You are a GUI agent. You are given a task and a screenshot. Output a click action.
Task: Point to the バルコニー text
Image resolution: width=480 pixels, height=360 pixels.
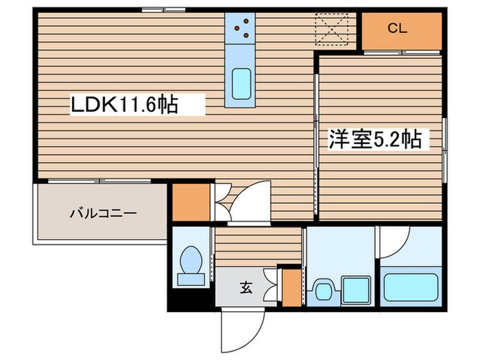103,213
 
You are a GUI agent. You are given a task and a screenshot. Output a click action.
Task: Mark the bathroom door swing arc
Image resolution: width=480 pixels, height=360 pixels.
394,240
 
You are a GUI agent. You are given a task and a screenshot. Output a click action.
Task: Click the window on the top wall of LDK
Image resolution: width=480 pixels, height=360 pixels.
163,10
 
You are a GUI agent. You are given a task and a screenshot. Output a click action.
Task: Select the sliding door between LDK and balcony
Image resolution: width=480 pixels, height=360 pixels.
99,181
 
